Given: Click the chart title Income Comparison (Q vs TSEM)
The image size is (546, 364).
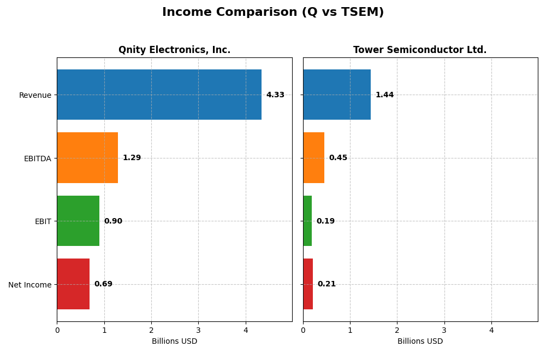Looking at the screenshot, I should point(273,12).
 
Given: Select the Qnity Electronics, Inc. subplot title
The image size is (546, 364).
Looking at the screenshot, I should point(174,50).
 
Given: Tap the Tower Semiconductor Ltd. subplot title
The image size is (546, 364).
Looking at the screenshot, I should point(420,50).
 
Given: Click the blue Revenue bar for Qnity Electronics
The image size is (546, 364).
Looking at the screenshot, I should point(159,95).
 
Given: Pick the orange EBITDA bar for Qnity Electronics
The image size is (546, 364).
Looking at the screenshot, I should point(87,158).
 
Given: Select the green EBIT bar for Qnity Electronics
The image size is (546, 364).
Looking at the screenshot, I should point(78,221).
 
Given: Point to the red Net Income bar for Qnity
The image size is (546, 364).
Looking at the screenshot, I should point(73,284).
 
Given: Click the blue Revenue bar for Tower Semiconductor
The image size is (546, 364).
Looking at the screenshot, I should point(337,95).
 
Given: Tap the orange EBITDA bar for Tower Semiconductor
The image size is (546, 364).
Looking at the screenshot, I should point(313,158).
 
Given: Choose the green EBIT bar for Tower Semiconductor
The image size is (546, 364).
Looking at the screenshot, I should point(307,221).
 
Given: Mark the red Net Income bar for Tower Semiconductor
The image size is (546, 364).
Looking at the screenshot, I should point(308,284).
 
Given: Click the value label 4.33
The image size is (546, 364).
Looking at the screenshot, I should point(275,95).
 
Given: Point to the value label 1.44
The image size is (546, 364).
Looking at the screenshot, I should point(384,95).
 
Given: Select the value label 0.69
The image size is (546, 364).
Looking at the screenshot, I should point(103,284).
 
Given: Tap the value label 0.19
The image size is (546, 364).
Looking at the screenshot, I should point(325,221).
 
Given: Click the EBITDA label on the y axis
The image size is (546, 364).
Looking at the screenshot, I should point(37,158).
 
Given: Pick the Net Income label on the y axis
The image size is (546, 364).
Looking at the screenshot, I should point(29,285).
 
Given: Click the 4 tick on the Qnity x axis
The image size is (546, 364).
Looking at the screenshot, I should point(246,330).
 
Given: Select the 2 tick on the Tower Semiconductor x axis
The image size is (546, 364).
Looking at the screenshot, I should point(397,330).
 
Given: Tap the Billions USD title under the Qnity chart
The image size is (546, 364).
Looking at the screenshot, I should point(174,342).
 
